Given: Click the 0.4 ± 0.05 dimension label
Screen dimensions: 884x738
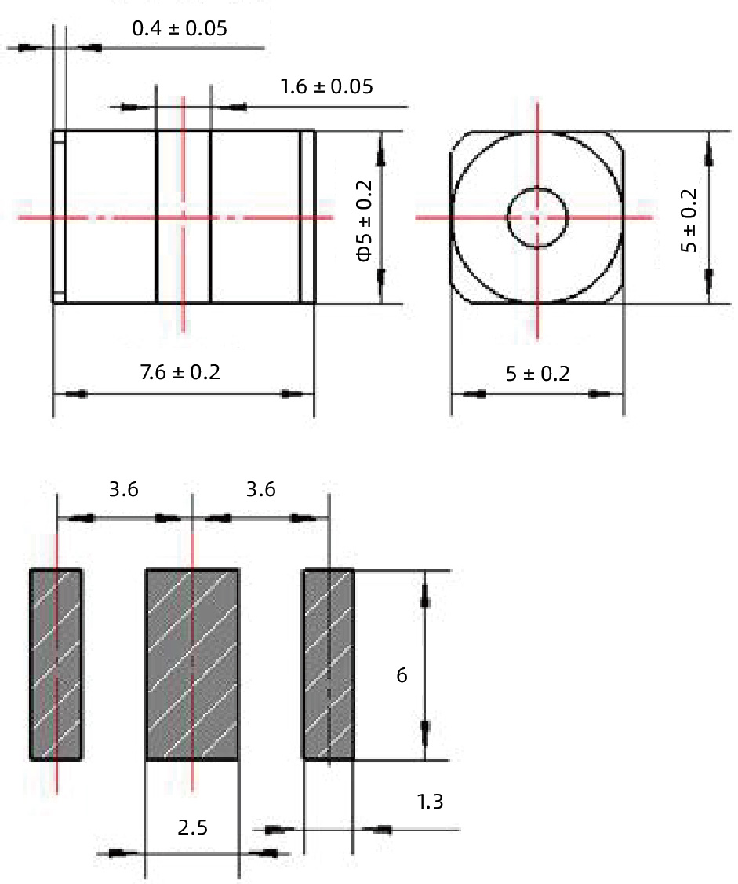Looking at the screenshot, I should click(180, 30).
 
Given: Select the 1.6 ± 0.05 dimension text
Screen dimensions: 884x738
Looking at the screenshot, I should click(326, 86).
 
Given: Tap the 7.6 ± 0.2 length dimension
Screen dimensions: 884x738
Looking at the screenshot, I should click(180, 371).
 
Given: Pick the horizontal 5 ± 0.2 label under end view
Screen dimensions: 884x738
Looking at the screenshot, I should click(537, 374).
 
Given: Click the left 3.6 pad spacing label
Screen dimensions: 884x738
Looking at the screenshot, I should click(123, 490).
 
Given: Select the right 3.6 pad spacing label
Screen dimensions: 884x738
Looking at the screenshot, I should click(260, 490).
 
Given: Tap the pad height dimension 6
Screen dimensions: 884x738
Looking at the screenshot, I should click(402, 675).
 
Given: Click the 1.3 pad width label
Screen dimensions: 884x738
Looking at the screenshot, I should click(431, 802).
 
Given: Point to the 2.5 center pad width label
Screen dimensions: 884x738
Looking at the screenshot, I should click(192, 827).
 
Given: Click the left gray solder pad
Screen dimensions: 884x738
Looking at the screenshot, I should click(56, 664).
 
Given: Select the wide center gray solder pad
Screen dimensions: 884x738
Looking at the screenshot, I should click(192, 664).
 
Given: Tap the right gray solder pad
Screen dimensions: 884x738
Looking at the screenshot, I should click(329, 664).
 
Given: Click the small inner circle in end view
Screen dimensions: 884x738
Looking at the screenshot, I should click(537, 217).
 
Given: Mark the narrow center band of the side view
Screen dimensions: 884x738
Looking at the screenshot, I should click(184, 217).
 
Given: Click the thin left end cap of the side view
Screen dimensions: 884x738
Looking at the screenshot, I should click(59, 217).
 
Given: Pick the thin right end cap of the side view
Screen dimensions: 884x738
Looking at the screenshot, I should click(307, 217).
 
